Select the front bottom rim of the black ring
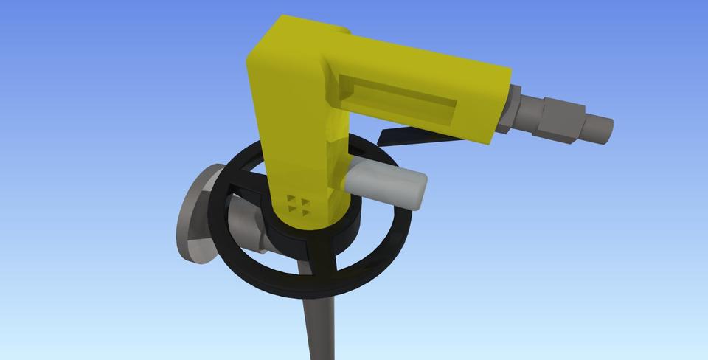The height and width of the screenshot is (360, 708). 310,284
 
